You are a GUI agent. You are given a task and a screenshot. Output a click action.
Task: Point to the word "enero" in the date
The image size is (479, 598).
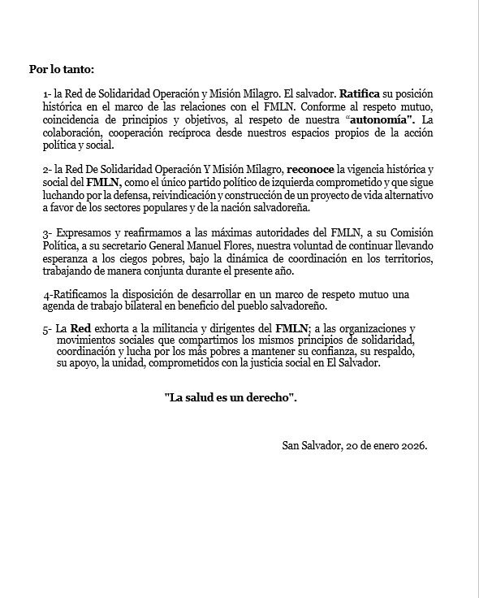pos(375,447)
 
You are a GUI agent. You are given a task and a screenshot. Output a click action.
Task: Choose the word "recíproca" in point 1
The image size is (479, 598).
pos(210,132)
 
